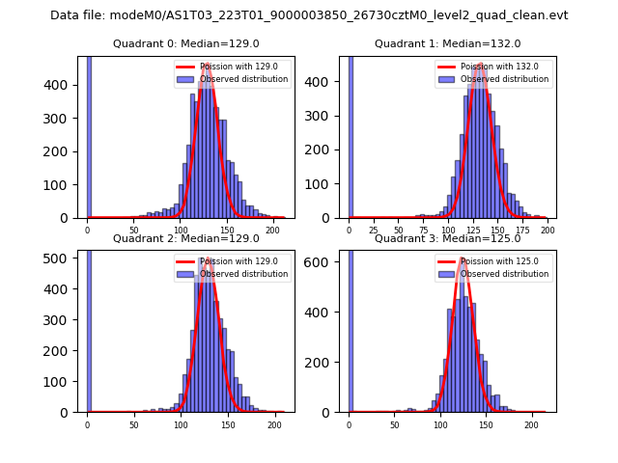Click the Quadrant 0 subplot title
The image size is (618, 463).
[185, 43]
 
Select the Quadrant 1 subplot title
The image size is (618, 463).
[447, 43]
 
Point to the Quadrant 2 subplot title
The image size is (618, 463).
[185, 238]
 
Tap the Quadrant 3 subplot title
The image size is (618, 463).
[447, 238]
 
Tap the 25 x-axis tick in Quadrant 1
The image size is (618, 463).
[374, 231]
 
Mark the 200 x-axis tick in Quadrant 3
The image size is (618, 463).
[530, 425]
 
